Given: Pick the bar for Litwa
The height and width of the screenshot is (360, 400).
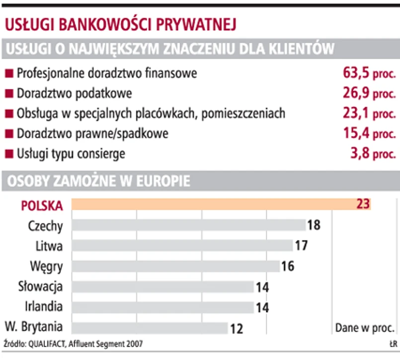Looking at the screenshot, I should pyautogui.click(x=182, y=246).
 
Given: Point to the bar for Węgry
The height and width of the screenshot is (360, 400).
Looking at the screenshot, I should pyautogui.click(x=175, y=266).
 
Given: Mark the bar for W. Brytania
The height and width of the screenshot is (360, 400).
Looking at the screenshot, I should pyautogui.click(x=150, y=328).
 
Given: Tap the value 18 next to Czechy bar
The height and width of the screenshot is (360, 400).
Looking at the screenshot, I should pyautogui.click(x=314, y=225).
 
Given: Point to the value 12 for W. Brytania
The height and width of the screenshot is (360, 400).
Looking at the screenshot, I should pyautogui.click(x=237, y=328).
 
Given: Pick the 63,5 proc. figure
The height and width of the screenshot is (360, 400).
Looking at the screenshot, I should pyautogui.click(x=369, y=74).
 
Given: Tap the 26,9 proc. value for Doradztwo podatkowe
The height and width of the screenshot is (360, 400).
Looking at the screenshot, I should pyautogui.click(x=369, y=93).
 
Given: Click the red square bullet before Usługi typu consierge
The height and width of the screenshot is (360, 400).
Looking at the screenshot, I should pyautogui.click(x=8, y=154).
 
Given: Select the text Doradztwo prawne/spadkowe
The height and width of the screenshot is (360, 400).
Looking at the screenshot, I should pyautogui.click(x=92, y=134).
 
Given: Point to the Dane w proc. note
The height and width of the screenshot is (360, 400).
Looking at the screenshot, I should pyautogui.click(x=366, y=328).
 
